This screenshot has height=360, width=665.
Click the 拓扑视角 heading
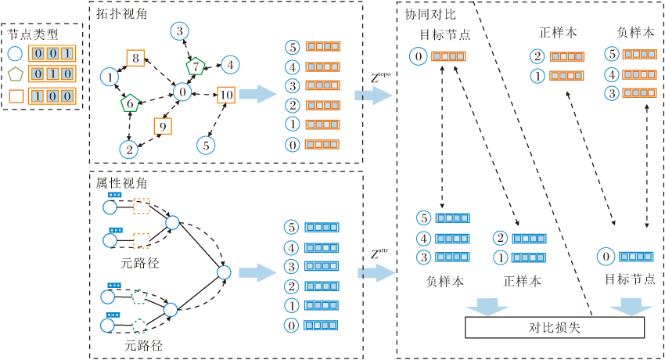point(121,14)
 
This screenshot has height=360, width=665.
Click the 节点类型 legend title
point(31,34)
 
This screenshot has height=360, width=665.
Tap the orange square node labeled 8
point(135,58)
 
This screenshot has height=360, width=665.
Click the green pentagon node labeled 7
point(195,67)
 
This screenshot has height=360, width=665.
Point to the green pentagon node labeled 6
point(130,103)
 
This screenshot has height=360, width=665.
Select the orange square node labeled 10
point(226,95)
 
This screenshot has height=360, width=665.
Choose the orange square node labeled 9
point(163,125)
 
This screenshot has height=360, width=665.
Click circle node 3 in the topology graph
point(181,31)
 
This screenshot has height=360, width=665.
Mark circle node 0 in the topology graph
point(182,92)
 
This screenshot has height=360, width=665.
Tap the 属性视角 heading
point(121,182)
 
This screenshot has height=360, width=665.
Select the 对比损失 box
point(555,328)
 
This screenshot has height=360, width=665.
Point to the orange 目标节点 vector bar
point(449,56)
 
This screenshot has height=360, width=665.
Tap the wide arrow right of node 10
point(257,95)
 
